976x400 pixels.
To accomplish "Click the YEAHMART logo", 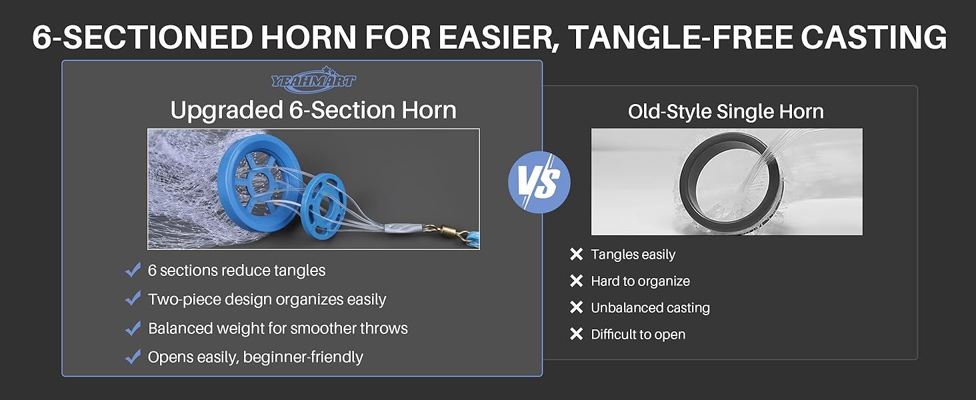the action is point(313,80).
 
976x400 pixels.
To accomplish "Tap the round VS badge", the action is point(539,182).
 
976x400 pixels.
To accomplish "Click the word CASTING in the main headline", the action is point(873,37).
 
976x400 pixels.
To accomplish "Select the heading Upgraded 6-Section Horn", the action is point(313,110).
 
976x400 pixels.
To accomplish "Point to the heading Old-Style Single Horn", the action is point(726,111).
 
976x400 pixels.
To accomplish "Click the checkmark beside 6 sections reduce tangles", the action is point(133,270).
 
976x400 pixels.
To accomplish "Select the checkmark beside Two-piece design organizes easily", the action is point(133,299).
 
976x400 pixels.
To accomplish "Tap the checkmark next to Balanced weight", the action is point(133,328).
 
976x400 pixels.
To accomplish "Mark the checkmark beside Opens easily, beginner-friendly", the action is point(133,357).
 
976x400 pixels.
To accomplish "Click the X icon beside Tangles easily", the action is point(576,254).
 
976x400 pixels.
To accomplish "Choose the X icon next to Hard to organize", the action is point(576,281).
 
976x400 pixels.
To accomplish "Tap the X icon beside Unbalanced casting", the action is point(576,307).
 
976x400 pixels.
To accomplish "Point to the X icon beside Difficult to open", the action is point(576,334).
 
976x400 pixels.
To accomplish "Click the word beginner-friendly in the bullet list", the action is point(303,357).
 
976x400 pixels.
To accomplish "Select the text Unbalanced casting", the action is point(650,308).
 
